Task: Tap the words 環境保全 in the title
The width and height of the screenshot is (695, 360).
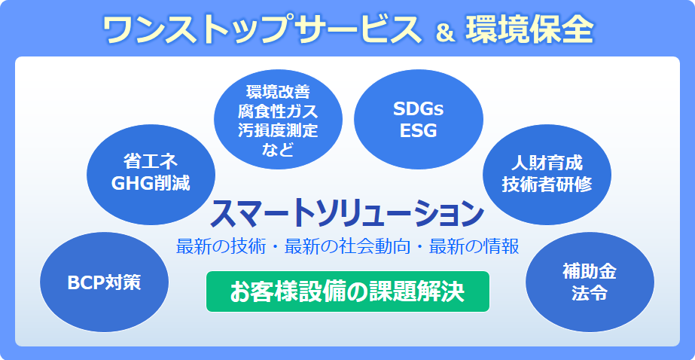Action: [529, 30]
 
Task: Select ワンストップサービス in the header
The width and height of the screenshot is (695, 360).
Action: [262, 30]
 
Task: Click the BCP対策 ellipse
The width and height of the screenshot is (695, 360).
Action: [104, 282]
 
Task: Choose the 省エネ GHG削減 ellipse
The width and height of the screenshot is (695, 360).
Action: [151, 174]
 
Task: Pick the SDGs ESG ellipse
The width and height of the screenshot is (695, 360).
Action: [419, 119]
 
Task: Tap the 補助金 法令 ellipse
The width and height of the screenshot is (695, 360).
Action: [590, 282]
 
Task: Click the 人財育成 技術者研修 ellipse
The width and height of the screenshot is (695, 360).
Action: [547, 174]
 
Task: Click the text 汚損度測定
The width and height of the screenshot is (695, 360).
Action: [278, 130]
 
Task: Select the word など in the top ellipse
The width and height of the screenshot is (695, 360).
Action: [278, 150]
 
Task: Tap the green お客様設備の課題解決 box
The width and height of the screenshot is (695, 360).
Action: [348, 291]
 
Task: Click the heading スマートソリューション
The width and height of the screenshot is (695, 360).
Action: [346, 214]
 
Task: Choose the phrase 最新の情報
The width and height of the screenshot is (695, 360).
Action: [474, 246]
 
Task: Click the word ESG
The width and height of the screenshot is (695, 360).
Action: [419, 130]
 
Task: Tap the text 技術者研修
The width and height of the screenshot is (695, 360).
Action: [547, 185]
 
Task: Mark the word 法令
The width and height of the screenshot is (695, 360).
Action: [590, 293]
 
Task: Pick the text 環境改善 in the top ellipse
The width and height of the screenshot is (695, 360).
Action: [278, 91]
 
